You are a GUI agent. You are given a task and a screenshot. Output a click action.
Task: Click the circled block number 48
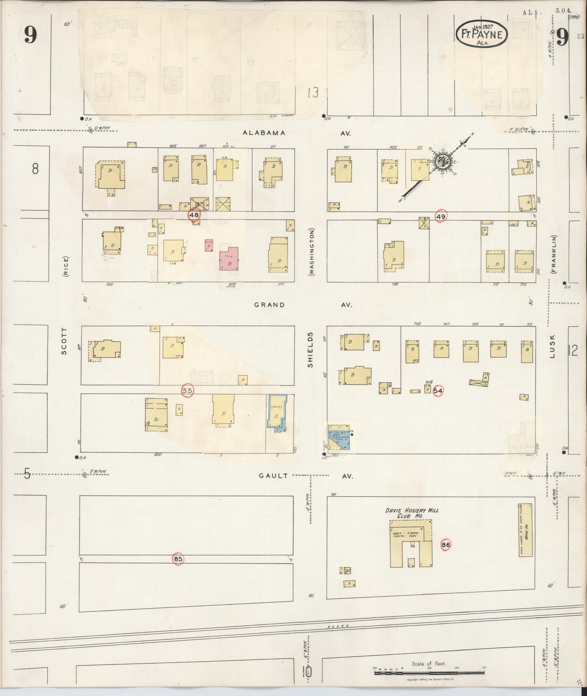pyautogui.click(x=194, y=215)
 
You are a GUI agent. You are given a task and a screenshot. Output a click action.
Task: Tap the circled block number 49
pyautogui.click(x=440, y=216)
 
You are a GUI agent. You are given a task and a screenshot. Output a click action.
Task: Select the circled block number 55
pyautogui.click(x=187, y=390)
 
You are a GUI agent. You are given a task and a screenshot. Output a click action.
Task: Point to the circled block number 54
pyautogui.click(x=438, y=391)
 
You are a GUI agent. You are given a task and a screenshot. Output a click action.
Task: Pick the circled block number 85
pyautogui.click(x=178, y=559)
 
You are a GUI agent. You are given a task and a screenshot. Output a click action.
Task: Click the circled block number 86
pyautogui.click(x=446, y=545)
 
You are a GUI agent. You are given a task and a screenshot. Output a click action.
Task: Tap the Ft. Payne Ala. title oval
pyautogui.click(x=482, y=35)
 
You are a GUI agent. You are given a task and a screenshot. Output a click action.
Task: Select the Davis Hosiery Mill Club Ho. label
pyautogui.click(x=412, y=513)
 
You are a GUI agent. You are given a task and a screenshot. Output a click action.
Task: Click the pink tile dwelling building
pyautogui.click(x=229, y=259)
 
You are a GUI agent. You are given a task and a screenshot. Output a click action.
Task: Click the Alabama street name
pyautogui.click(x=264, y=133)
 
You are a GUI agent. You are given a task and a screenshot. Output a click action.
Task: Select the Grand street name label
pyautogui.click(x=269, y=305)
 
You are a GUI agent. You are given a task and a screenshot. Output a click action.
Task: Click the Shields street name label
pyautogui.click(x=310, y=350)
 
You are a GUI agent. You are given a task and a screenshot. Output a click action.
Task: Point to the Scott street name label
pyautogui.click(x=64, y=341)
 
